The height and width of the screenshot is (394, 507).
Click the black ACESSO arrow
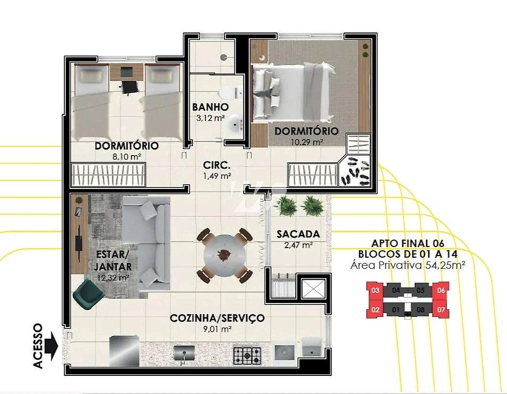[51, 346]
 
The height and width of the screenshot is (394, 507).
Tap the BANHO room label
[211, 106]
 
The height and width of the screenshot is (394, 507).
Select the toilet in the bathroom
[229, 93]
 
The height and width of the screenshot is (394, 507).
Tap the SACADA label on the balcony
[298, 234]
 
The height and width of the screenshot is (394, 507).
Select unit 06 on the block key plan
[441, 290]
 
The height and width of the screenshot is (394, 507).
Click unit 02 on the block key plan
[375, 310]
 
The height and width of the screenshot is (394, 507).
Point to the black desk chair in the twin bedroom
[129, 87]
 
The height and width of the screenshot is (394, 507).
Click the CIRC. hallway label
[217, 165]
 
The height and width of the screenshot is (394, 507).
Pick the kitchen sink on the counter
[184, 353]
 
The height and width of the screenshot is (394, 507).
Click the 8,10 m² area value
[127, 157]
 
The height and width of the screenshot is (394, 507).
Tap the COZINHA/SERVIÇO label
[217, 318]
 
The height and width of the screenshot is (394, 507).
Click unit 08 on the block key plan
[420, 310]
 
